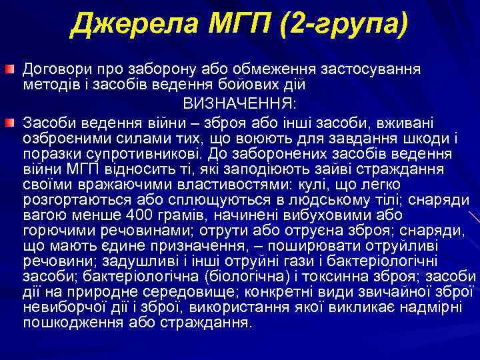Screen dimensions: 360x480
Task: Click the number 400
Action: coord(143,214)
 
